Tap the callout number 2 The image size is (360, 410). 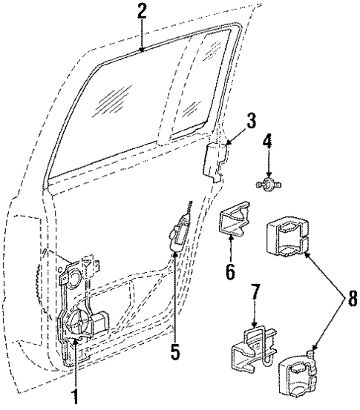[141, 11]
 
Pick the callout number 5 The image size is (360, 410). [174, 352]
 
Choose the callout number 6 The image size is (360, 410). [230, 271]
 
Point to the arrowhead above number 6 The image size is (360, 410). [231, 239]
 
